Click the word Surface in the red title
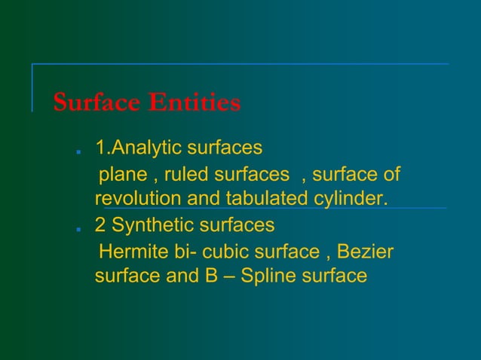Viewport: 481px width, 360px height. tap(97, 102)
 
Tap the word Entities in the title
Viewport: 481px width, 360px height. tap(194, 102)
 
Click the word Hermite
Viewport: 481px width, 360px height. tap(136, 250)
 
